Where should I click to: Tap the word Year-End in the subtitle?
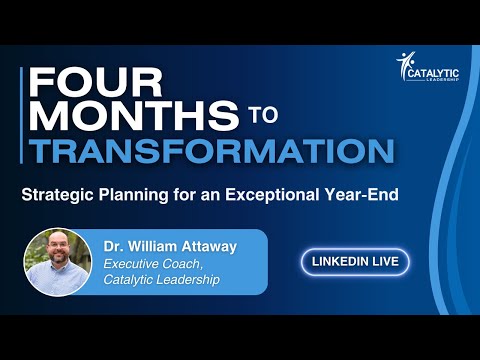point(363,194)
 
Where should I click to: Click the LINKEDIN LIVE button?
point(354,262)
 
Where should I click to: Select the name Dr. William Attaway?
point(168,245)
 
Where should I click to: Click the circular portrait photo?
point(59,262)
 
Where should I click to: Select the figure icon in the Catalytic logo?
point(405,66)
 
